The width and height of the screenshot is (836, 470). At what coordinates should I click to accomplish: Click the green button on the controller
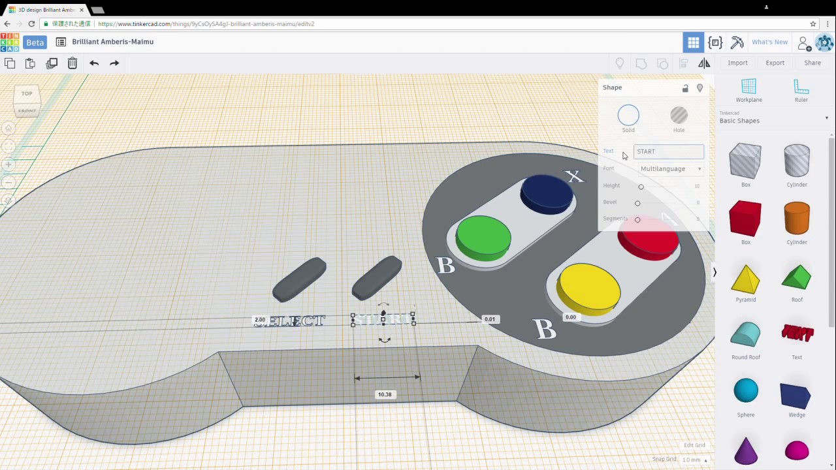pos(483,236)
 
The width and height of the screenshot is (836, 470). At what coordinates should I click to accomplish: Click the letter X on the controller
pos(573,176)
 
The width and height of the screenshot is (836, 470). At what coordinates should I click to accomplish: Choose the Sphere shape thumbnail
pos(745,392)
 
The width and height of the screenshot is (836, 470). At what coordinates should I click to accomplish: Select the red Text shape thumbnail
pos(797,334)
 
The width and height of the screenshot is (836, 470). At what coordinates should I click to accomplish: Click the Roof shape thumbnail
pos(796,278)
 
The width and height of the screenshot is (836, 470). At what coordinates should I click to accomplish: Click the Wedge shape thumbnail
pos(796,396)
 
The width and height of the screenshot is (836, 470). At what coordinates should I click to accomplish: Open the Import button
pos(737,63)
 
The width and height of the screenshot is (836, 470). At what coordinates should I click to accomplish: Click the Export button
pos(775,63)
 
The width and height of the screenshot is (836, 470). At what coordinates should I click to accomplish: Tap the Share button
pos(812,63)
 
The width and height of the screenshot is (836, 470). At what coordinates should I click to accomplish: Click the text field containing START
pos(668,151)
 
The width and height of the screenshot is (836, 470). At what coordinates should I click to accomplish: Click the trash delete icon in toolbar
pos(72,63)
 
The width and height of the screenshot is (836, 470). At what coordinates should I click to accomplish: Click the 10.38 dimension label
pos(385,394)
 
